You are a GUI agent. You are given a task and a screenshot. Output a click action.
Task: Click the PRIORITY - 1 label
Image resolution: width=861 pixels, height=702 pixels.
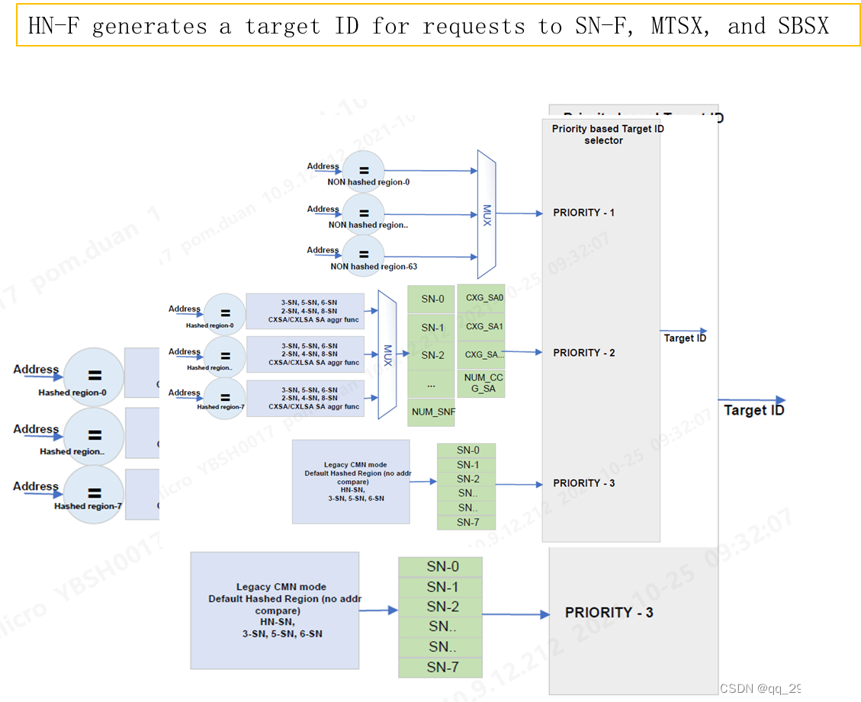(x=583, y=213)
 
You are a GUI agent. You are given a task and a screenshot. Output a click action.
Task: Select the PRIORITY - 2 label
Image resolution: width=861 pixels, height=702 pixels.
(x=583, y=353)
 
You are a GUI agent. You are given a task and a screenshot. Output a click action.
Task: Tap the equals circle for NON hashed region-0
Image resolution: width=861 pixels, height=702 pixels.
(x=364, y=171)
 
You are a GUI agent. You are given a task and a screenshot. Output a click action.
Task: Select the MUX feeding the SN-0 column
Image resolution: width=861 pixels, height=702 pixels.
(x=387, y=354)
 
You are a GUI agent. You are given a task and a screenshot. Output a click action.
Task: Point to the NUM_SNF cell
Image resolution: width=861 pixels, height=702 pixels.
(x=432, y=412)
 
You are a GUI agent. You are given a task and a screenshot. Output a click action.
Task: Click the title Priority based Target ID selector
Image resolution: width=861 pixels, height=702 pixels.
(x=608, y=134)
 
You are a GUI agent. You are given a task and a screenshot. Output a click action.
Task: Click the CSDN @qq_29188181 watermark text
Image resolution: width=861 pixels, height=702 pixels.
(x=784, y=688)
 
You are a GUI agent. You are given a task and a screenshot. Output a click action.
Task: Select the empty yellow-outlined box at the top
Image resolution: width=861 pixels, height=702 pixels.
(x=438, y=24)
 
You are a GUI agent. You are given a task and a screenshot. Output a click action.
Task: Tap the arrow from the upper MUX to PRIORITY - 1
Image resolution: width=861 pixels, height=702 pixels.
(x=519, y=213)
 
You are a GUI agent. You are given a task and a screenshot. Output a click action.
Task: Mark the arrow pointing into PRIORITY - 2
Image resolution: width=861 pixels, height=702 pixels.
(x=522, y=352)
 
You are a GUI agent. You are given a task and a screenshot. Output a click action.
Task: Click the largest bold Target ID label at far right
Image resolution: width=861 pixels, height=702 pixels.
(x=753, y=410)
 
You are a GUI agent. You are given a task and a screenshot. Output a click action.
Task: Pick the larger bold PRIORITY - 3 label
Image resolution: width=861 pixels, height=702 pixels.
(x=609, y=613)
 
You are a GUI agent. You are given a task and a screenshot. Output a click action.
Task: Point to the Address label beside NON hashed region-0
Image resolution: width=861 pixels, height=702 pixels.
(x=323, y=166)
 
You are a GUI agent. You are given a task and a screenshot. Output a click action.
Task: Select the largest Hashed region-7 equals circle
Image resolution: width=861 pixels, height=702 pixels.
(x=94, y=495)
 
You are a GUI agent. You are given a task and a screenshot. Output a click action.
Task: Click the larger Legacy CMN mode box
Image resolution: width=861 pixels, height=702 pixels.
(x=275, y=611)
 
